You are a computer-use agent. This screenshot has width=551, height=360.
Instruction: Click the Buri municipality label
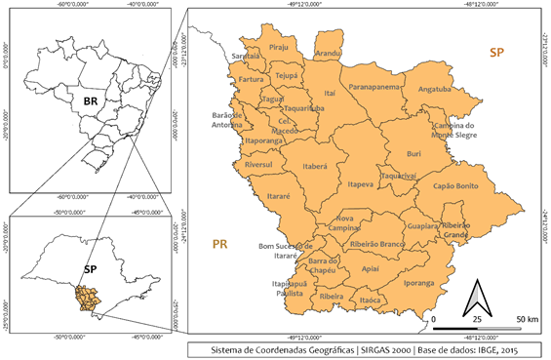click(x=414, y=153)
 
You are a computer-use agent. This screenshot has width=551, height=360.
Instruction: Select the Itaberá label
click(x=315, y=166)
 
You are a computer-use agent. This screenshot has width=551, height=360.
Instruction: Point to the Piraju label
click(x=280, y=46)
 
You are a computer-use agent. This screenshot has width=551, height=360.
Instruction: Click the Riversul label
click(x=260, y=165)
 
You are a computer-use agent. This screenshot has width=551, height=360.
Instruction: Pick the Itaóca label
click(x=370, y=300)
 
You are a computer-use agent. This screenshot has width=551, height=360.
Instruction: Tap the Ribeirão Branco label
click(x=377, y=242)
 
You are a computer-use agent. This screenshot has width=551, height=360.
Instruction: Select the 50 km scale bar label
click(x=527, y=319)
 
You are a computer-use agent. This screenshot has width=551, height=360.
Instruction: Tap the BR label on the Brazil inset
click(x=91, y=100)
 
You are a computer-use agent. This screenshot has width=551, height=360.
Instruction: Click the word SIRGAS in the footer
click(x=346, y=348)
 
